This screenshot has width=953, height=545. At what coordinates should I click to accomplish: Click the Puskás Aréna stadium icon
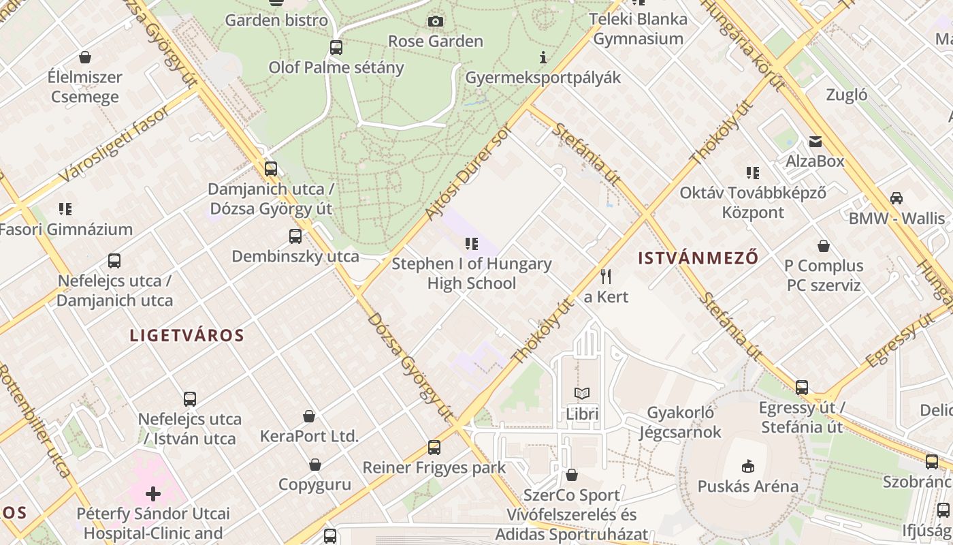pyautogui.click(x=747, y=466)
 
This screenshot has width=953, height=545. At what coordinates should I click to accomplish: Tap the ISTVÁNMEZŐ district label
pyautogui.click(x=698, y=258)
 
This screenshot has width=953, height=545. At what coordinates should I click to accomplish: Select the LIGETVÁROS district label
pyautogui.click(x=187, y=335)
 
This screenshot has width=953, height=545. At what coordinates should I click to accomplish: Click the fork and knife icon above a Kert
pyautogui.click(x=606, y=276)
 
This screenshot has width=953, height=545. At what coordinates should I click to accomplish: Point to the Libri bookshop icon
pyautogui.click(x=582, y=393)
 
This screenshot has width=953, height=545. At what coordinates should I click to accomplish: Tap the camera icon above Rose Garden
pyautogui.click(x=436, y=22)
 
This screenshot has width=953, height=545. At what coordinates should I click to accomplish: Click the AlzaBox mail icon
pyautogui.click(x=815, y=142)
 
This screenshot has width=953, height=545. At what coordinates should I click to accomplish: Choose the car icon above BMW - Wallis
pyautogui.click(x=897, y=198)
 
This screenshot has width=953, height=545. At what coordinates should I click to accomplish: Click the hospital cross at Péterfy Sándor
pyautogui.click(x=153, y=493)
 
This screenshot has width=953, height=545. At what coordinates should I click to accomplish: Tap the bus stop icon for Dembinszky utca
pyautogui.click(x=295, y=236)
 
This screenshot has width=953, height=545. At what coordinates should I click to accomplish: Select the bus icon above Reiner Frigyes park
pyautogui.click(x=434, y=448)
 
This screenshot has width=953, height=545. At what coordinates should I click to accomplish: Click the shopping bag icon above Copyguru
pyautogui.click(x=315, y=465)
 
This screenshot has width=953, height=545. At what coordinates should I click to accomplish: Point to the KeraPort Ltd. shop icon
pyautogui.click(x=309, y=416)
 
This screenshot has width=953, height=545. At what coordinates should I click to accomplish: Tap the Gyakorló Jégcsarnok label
pyautogui.click(x=680, y=422)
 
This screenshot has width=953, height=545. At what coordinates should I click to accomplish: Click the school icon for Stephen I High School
pyautogui.click(x=471, y=243)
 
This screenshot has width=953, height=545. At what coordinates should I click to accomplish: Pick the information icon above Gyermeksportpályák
pyautogui.click(x=543, y=57)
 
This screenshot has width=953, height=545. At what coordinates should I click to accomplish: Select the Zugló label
pyautogui.click(x=847, y=95)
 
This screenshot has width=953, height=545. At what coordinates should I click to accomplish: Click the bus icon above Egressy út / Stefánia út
pyautogui.click(x=802, y=388)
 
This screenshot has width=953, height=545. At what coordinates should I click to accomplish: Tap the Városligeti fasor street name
pyautogui.click(x=114, y=144)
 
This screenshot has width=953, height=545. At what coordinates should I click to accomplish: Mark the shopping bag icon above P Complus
pyautogui.click(x=824, y=246)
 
